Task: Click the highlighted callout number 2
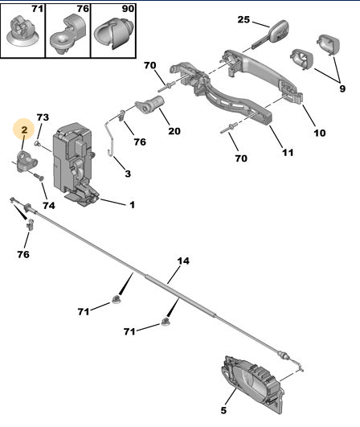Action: pyautogui.click(x=24, y=129)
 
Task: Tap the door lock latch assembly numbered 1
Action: pyautogui.click(x=75, y=164)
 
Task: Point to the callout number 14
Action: pyautogui.click(x=183, y=261)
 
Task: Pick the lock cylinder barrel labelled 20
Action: pyautogui.click(x=149, y=105)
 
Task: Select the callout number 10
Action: pyautogui.click(x=320, y=133)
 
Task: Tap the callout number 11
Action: pyautogui.click(x=288, y=153)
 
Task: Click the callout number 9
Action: pyautogui.click(x=342, y=88)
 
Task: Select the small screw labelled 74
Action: pyautogui.click(x=39, y=177)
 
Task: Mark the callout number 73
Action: pyautogui.click(x=43, y=117)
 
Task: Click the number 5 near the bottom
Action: pyautogui.click(x=223, y=410)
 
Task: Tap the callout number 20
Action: pyautogui.click(x=174, y=131)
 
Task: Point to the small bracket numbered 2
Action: pyautogui.click(x=27, y=161)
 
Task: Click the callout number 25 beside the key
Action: pyautogui.click(x=243, y=19)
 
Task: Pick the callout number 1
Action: pyautogui.click(x=132, y=204)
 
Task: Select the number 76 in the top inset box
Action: pyautogui.click(x=83, y=9)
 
